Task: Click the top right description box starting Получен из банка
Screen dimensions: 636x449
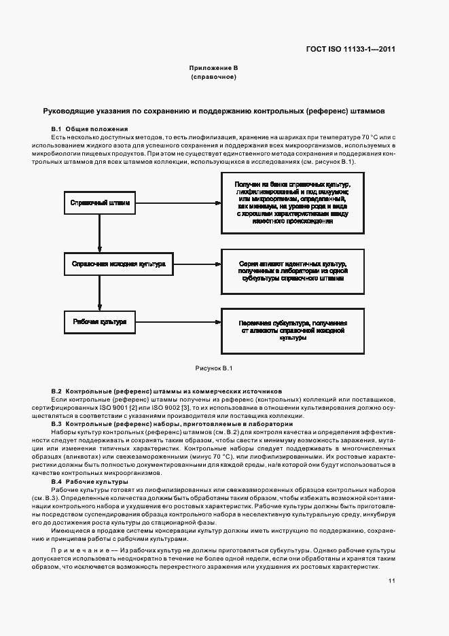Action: [292, 202]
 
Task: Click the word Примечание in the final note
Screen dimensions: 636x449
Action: [73, 548]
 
